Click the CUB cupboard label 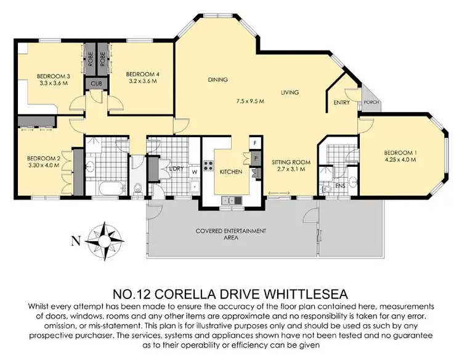pyautogui.click(x=96, y=83)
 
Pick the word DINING pyautogui.click(x=217, y=79)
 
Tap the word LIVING pyautogui.click(x=290, y=93)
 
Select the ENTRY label pyautogui.click(x=341, y=103)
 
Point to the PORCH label pyautogui.click(x=371, y=103)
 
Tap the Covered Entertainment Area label pyautogui.click(x=230, y=233)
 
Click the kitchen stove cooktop pyautogui.click(x=209, y=166)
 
